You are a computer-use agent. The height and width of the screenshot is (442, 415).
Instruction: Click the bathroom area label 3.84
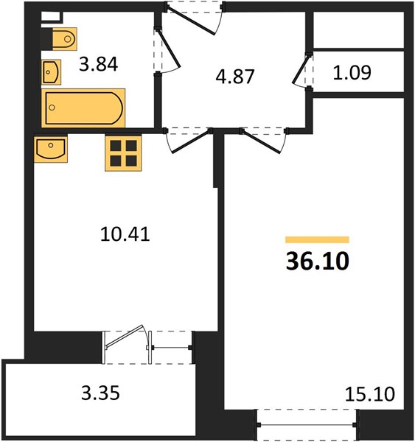coord(98,64)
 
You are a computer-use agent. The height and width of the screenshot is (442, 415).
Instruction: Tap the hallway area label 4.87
coord(235,77)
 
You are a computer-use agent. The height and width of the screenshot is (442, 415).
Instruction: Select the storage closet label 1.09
coord(352,73)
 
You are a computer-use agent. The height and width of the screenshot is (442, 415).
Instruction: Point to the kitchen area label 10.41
coord(125,234)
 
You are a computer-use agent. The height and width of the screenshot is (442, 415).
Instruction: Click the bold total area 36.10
coord(318,261)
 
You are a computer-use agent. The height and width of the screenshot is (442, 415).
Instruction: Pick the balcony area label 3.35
coord(100,393)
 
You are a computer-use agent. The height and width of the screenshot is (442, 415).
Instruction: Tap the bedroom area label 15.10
coord(370,394)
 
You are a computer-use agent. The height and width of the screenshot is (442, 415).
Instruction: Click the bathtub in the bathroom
coord(83,108)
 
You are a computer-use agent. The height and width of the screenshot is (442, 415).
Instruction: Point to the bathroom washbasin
coord(51,72)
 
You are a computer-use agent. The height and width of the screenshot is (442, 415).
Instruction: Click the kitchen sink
coord(51,149)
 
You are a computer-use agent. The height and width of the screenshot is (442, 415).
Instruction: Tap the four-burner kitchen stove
coord(123,154)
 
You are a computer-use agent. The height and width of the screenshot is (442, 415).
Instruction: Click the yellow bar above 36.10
coord(318,239)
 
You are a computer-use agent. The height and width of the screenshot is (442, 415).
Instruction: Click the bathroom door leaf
coord(168,48)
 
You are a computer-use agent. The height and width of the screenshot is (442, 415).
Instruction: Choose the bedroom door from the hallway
coord(260,141)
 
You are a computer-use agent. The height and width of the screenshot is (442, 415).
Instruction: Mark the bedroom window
coord(307,424)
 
